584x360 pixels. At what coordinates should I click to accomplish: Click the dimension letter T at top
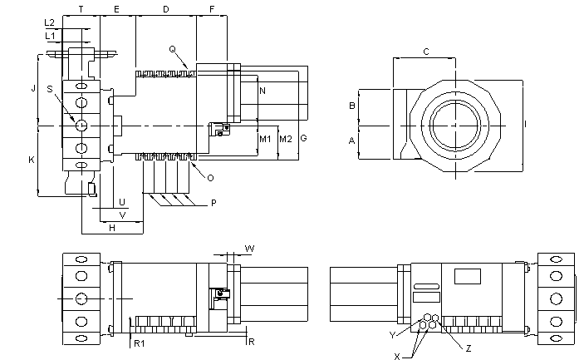(81, 9)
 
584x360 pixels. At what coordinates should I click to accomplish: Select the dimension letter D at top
(166, 9)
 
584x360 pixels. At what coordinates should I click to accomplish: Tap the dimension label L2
(50, 22)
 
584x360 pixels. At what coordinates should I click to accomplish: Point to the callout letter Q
(172, 49)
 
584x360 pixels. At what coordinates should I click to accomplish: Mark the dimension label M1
(265, 138)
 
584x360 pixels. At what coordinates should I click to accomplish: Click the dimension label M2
(285, 138)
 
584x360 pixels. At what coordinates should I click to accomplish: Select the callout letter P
(213, 203)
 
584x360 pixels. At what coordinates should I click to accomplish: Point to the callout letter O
(210, 177)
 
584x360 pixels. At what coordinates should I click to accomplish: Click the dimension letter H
(110, 227)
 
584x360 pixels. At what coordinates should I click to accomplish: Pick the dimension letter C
(426, 52)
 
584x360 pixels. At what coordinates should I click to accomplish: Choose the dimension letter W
(250, 248)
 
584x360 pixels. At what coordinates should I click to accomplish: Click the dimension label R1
(140, 343)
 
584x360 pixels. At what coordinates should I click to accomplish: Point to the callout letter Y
(393, 334)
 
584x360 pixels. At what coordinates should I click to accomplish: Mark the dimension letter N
(263, 90)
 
